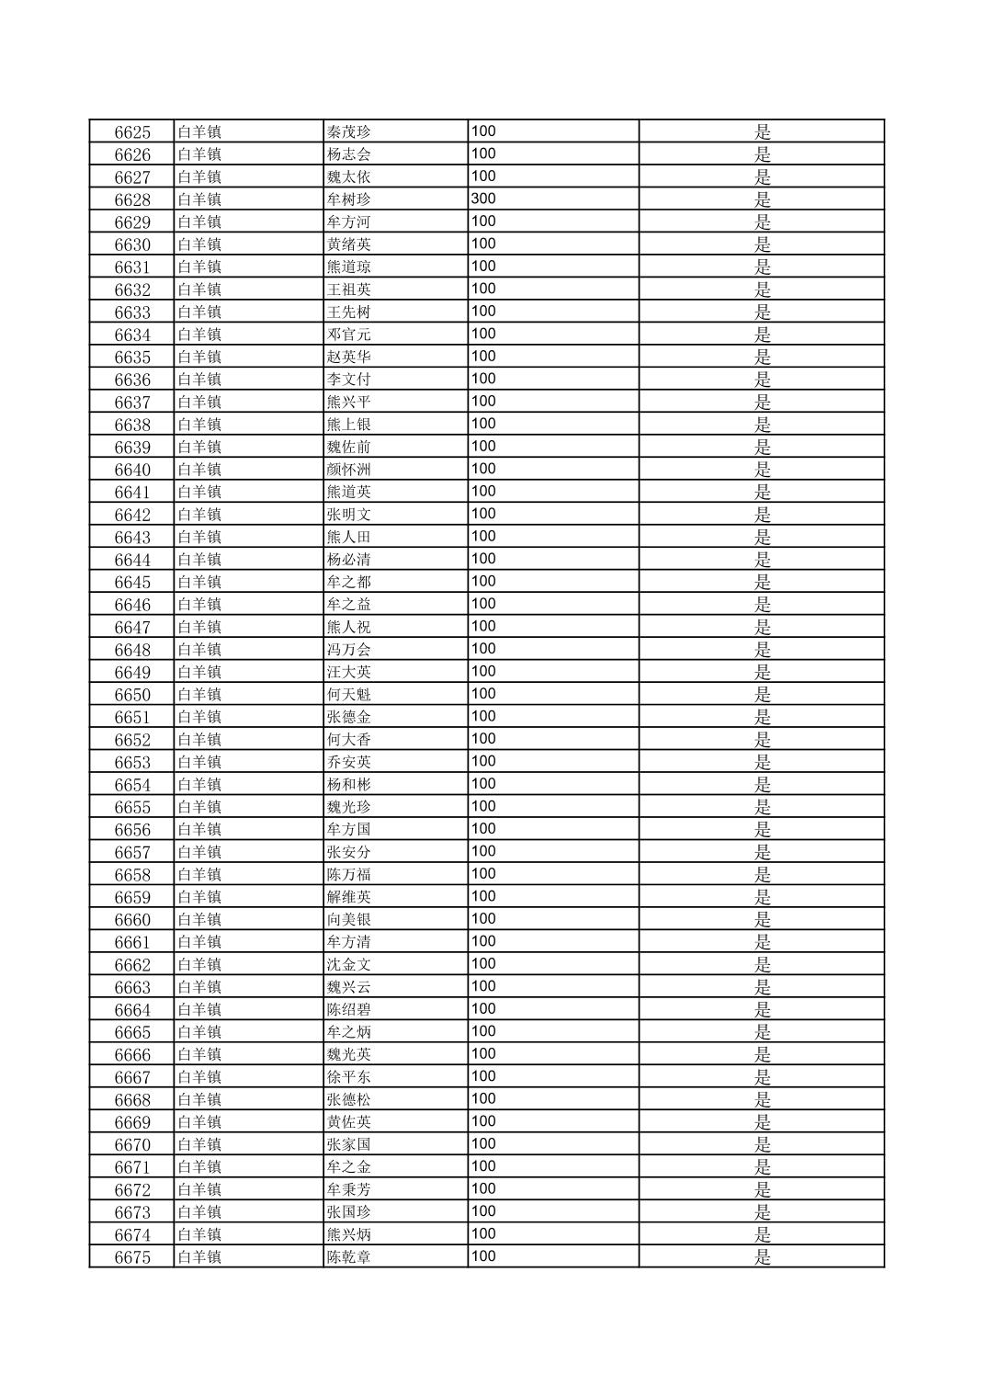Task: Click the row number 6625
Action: click(132, 131)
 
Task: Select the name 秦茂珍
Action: click(349, 131)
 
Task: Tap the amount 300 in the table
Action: click(483, 199)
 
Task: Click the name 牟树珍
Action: click(349, 199)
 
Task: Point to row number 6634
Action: click(132, 335)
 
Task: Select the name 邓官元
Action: click(349, 335)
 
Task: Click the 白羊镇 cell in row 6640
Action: click(199, 470)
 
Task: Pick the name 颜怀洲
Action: click(349, 470)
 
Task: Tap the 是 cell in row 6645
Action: click(762, 582)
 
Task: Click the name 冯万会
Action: click(349, 650)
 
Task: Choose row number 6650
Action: click(132, 695)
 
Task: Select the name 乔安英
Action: click(349, 762)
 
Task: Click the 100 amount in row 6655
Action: click(483, 806)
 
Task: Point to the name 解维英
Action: click(349, 897)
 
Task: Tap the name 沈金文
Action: click(349, 965)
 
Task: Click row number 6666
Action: click(132, 1055)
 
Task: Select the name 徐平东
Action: click(349, 1077)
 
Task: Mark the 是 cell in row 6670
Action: click(762, 1144)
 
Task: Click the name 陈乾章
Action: click(349, 1257)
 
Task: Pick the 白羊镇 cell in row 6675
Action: click(199, 1257)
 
